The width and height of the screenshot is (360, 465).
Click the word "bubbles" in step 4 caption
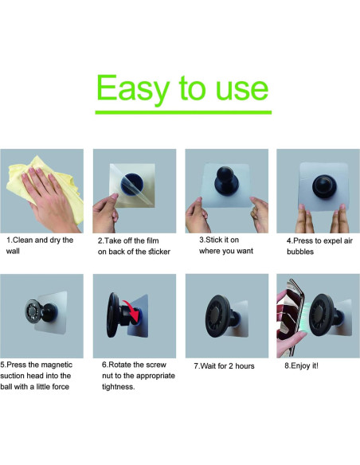coord(302,251)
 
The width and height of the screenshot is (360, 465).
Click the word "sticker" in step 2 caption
coord(149,251)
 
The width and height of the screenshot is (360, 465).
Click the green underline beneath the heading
coord(182,112)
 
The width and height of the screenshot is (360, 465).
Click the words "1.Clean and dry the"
coord(40,239)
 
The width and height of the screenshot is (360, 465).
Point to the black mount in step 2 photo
coord(129,185)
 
